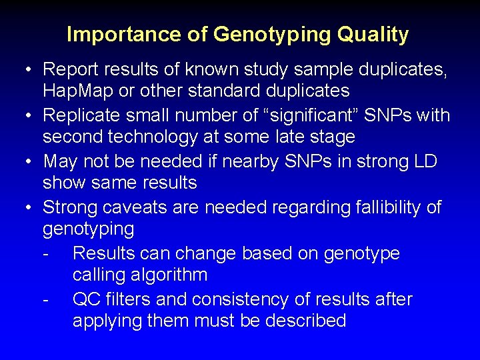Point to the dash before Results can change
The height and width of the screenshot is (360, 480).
pyautogui.click(x=45, y=254)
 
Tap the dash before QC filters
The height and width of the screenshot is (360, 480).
pyautogui.click(x=45, y=300)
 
